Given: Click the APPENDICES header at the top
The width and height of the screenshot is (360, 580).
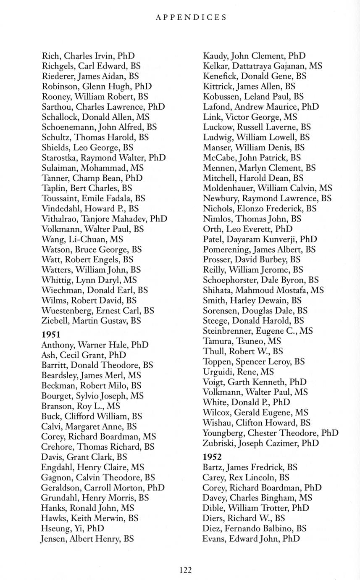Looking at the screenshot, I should point(191,17).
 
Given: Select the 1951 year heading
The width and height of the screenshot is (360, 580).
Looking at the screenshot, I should point(51,335).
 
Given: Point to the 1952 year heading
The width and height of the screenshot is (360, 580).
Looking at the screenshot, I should point(212,457).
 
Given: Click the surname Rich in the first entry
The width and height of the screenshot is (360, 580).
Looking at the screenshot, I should point(51,56).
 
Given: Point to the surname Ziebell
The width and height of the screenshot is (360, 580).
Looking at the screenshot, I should point(55,321).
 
